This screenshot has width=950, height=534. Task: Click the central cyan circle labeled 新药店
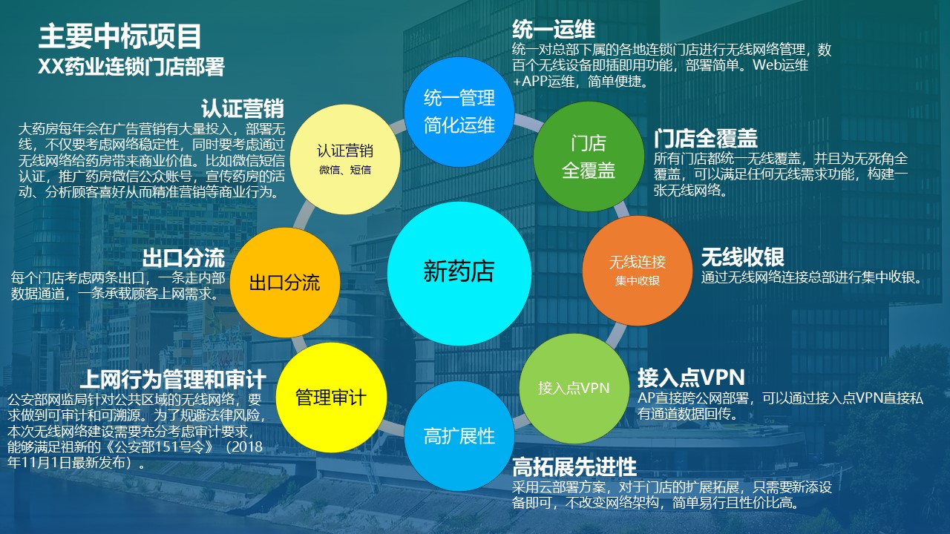click(x=459, y=274)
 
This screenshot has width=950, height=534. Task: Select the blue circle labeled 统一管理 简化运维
click(x=459, y=112)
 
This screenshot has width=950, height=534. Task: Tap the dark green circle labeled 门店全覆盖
click(x=589, y=156)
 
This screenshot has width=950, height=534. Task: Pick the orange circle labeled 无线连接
click(x=638, y=271)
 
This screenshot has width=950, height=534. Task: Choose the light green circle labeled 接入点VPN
click(x=574, y=388)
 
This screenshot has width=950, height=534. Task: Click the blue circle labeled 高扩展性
click(x=459, y=436)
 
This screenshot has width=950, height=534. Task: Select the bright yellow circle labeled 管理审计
click(x=331, y=398)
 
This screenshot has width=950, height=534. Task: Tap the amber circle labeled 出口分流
click(x=285, y=283)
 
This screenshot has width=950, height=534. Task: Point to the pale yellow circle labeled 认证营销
click(x=345, y=159)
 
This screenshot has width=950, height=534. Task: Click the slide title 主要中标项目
click(x=120, y=36)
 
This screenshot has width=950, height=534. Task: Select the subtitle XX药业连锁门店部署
click(x=131, y=67)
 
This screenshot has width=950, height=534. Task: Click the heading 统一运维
click(x=554, y=30)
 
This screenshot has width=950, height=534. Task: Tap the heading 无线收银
click(x=743, y=257)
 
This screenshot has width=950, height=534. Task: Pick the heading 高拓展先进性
click(x=574, y=467)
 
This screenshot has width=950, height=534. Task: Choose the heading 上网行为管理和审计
click(x=173, y=379)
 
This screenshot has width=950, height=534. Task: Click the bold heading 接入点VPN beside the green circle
click(x=691, y=378)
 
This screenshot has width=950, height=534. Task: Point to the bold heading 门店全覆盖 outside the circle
click(x=706, y=138)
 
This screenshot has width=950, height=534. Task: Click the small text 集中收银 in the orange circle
click(x=638, y=281)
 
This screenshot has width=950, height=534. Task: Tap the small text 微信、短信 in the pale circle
click(x=345, y=170)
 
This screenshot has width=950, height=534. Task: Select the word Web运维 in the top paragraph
click(x=780, y=65)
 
